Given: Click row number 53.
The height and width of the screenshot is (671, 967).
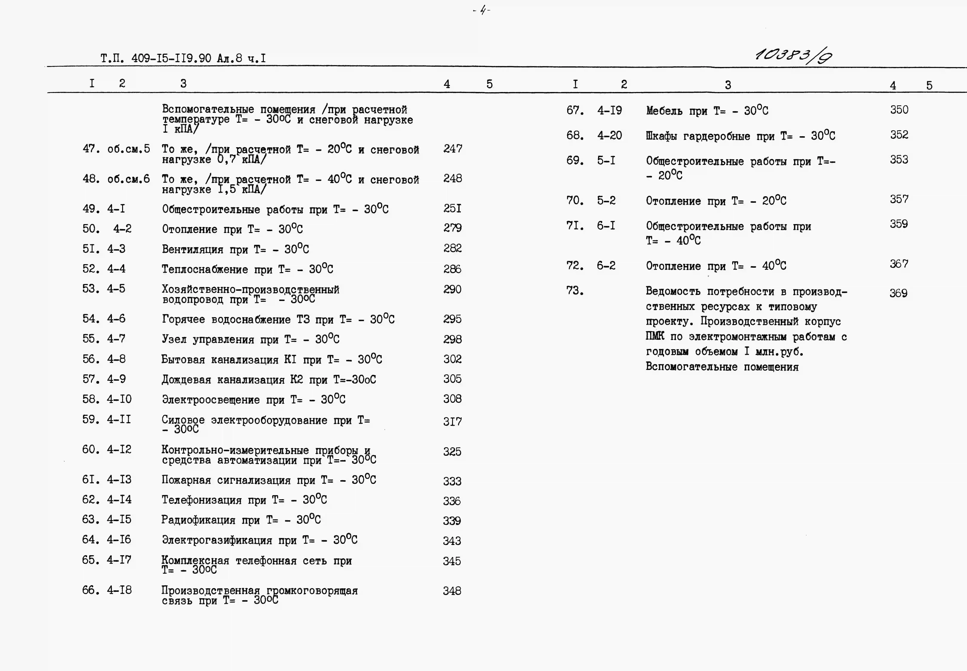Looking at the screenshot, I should click(91, 289).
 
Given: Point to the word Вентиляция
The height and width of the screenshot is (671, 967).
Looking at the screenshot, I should click(192, 249).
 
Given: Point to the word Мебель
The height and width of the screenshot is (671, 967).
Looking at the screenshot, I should click(664, 111).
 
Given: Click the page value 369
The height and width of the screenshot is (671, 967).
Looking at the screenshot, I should click(898, 293).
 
